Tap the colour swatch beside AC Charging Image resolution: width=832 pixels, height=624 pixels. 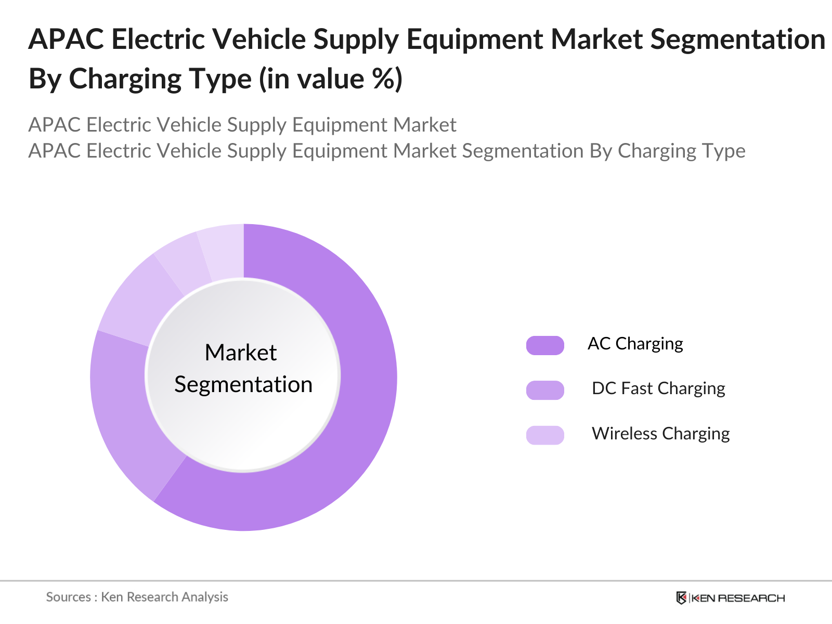coord(545,345)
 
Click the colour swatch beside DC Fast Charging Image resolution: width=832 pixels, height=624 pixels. coord(545,390)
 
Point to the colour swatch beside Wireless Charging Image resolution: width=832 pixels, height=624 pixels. coord(545,435)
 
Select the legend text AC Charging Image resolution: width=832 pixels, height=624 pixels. coord(635,344)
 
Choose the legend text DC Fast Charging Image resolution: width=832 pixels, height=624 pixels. coord(658,388)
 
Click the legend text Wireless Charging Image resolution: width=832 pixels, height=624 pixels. coord(660,434)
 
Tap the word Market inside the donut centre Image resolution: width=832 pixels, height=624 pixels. coord(241,353)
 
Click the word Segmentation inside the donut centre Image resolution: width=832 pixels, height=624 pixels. coord(243,385)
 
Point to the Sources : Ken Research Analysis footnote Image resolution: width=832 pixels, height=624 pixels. coord(137,597)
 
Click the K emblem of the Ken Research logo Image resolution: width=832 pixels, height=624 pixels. coord(681,598)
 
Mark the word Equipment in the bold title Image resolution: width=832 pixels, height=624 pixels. coord(473,40)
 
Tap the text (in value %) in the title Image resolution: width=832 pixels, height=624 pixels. coord(331,80)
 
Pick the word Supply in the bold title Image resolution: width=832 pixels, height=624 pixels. coord(361,40)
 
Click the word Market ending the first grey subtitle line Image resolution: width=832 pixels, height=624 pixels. coord(424,125)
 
